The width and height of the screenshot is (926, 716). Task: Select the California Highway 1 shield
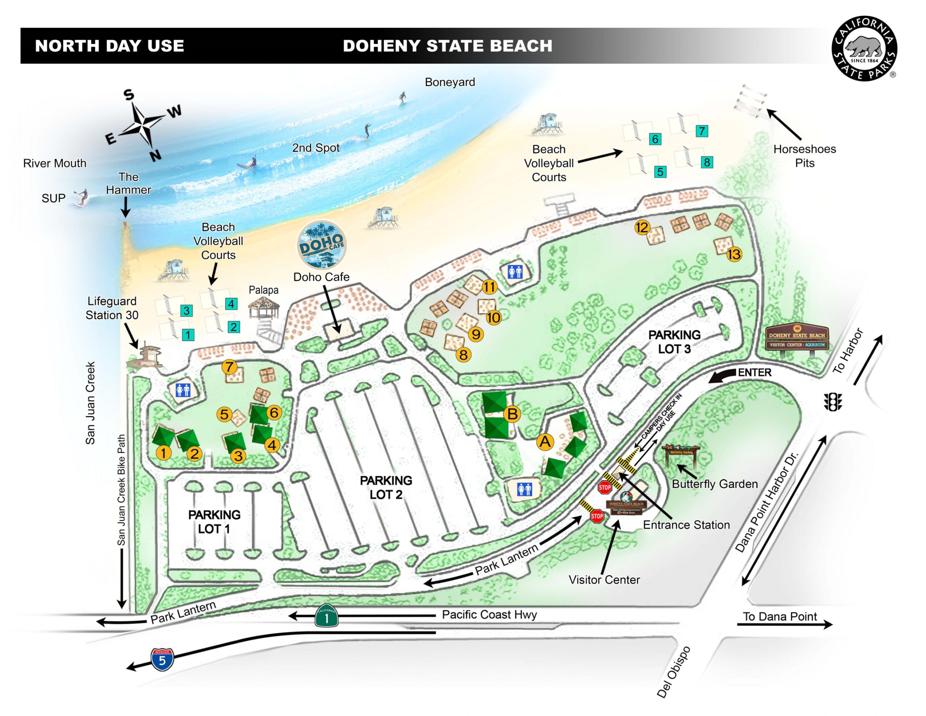pos(327,615)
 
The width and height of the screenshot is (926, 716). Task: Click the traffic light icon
pos(833,401)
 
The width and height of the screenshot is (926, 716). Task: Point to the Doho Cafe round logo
pos(321,245)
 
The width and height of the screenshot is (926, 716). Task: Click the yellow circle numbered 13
pos(734,254)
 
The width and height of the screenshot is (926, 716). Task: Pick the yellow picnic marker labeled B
pos(512,414)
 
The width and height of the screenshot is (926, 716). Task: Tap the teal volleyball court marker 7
pos(702,131)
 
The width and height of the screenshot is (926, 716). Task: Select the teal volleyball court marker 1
pos(188,335)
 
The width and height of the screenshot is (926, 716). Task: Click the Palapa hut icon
pos(264,308)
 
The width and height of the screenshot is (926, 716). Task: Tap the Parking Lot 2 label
pos(386,487)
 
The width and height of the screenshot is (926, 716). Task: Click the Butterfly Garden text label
pos(714,484)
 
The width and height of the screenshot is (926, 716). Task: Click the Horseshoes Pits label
pos(804,156)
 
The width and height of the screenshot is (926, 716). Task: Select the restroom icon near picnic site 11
pos(515,271)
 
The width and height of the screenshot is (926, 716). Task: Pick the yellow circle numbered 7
pos(229,366)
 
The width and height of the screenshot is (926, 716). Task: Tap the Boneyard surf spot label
pos(450,82)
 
